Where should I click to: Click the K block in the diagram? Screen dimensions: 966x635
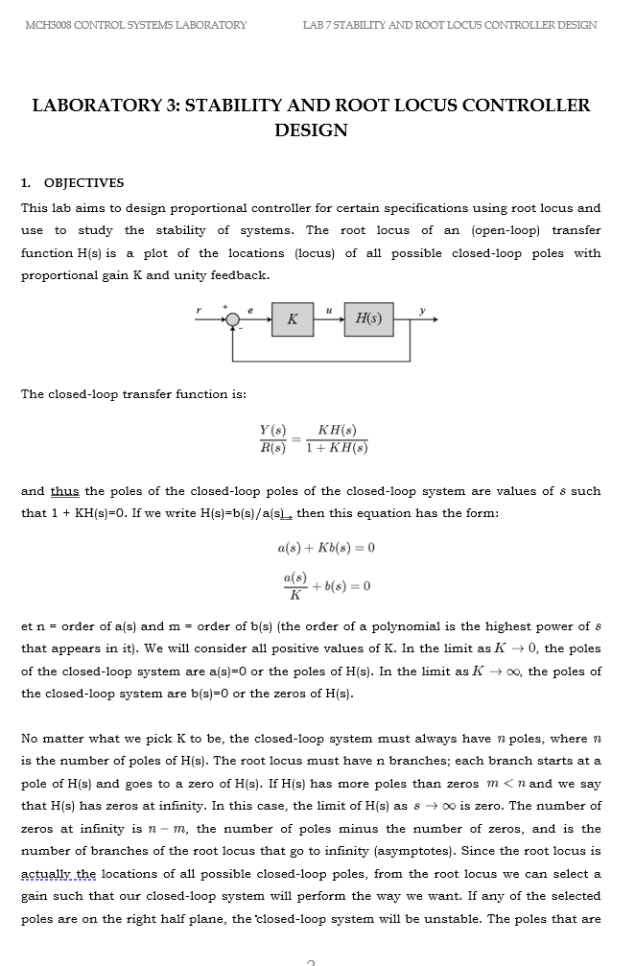293,318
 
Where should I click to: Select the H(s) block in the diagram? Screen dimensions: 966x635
367,318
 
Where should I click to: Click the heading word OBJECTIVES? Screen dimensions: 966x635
83,183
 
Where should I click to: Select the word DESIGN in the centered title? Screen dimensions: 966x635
311,130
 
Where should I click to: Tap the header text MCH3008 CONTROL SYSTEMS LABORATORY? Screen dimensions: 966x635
135,25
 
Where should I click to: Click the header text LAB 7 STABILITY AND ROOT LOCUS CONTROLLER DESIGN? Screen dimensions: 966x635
449,25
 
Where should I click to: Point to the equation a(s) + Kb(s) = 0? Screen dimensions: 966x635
325,548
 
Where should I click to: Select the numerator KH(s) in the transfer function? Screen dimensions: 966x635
338,433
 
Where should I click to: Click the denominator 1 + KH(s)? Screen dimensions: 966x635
337,448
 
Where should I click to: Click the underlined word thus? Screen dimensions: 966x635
65,491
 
